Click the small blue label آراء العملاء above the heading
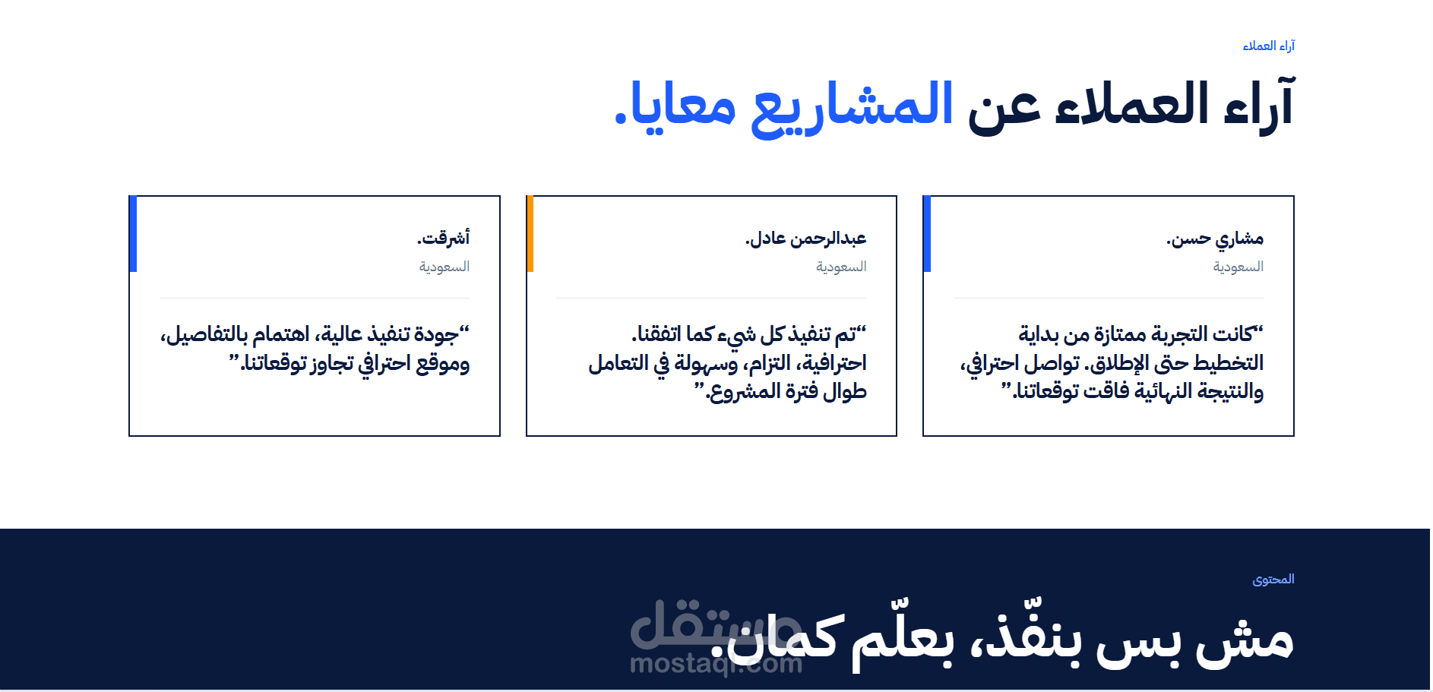[1268, 46]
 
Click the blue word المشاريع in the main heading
[853, 106]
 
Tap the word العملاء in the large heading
[1132, 104]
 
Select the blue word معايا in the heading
[684, 106]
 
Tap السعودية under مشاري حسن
[1238, 267]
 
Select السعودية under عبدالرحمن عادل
[841, 267]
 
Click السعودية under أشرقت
[444, 267]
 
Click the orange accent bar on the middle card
[530, 234]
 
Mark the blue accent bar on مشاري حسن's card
[927, 234]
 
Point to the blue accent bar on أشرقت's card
[133, 234]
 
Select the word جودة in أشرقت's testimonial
[437, 335]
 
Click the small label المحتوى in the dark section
[1273, 580]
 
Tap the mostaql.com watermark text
[716, 664]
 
